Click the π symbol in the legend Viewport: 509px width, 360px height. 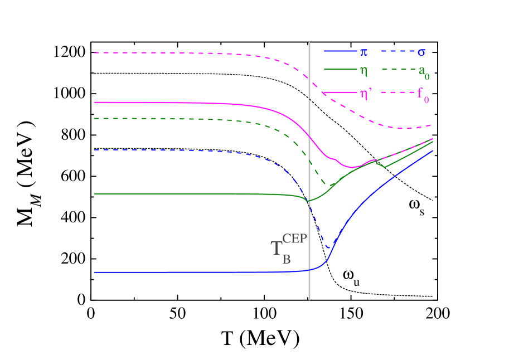363,52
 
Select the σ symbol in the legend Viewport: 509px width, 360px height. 422,52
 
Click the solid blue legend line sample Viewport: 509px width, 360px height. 340,51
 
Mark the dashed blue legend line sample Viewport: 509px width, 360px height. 396,51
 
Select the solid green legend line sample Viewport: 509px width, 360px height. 340,70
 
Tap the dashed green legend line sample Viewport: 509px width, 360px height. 396,70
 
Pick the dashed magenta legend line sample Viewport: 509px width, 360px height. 396,92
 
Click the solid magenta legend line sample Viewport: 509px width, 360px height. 340,92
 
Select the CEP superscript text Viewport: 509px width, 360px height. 295,239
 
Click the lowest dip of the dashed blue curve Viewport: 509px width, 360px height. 329,247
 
